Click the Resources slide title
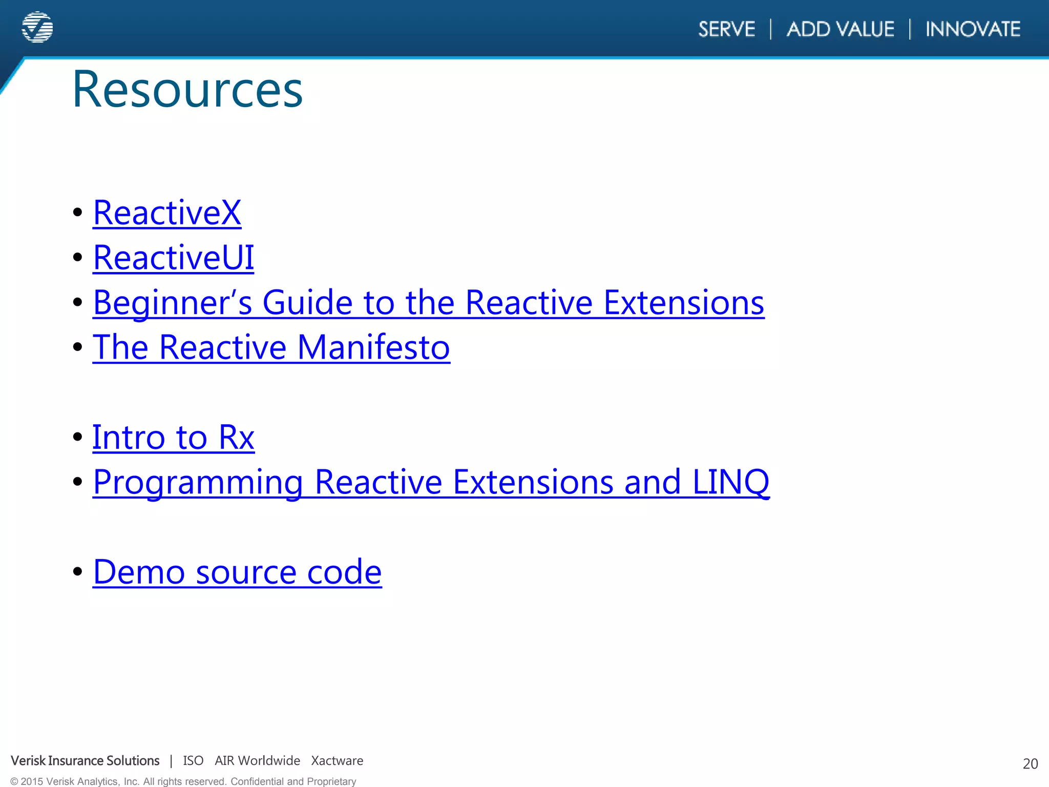(187, 90)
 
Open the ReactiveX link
(167, 213)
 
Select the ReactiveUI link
(173, 257)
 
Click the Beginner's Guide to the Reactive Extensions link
(428, 302)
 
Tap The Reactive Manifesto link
(271, 347)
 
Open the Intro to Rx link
(173, 438)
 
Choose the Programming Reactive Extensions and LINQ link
(431, 482)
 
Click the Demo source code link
(237, 572)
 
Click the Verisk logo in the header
(37, 27)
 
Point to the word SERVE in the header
(727, 29)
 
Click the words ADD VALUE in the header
(841, 29)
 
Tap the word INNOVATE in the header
(973, 29)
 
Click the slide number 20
(1030, 764)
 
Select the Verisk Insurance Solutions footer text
(86, 761)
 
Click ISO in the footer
(193, 761)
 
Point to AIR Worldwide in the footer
(257, 761)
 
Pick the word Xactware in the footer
(337, 761)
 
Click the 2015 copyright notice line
(183, 781)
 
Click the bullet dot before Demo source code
(78, 571)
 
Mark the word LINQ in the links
(730, 482)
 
